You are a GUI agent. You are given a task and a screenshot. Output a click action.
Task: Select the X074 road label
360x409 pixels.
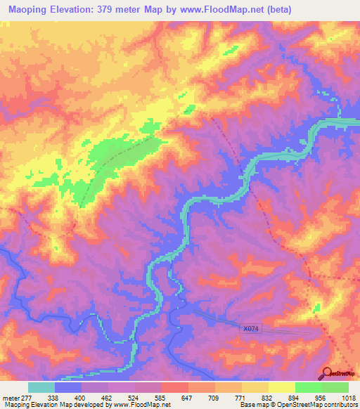coord(250,328)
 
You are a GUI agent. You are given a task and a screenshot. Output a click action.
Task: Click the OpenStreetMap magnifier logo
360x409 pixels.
coord(328,373)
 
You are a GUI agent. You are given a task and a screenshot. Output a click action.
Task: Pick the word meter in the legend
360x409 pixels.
coord(11,397)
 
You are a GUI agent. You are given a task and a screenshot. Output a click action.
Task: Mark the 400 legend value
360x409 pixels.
coord(82,397)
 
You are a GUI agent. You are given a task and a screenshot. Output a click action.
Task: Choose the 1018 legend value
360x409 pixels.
coord(347,397)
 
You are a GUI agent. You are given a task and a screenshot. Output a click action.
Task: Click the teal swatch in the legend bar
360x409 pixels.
coord(41,387)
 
